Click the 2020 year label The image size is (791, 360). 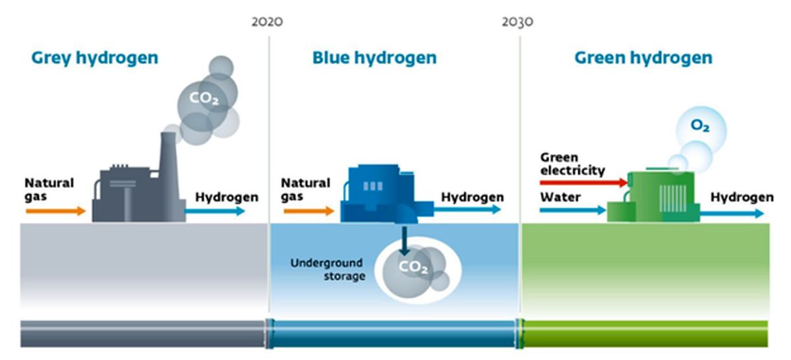(267, 22)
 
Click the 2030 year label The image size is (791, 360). (517, 22)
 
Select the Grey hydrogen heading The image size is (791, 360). (95, 58)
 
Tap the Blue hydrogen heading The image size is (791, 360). (374, 57)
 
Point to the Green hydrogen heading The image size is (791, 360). (643, 57)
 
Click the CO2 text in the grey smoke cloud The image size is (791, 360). (204, 98)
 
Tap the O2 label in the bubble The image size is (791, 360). (700, 125)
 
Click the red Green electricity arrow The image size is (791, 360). (584, 182)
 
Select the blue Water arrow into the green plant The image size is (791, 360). (573, 210)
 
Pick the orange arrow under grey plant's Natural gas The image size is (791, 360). (56, 211)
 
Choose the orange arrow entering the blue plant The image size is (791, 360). (309, 211)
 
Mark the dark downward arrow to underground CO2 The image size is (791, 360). (404, 241)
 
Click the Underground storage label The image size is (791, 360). (328, 269)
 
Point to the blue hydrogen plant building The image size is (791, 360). (387, 194)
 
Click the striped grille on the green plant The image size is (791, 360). (673, 198)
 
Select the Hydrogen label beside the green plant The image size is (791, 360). (742, 197)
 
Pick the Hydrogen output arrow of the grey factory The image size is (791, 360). (215, 211)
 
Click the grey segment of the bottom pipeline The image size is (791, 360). (143, 334)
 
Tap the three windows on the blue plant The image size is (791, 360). (373, 186)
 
